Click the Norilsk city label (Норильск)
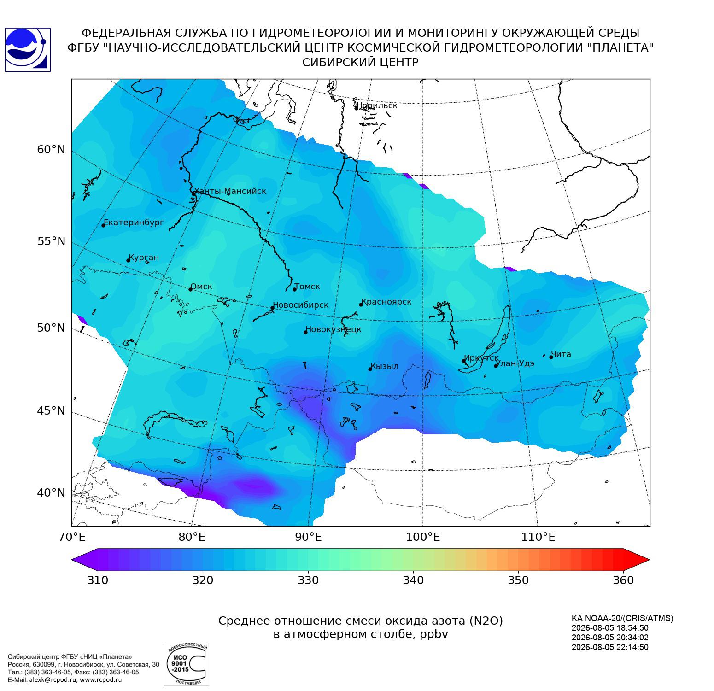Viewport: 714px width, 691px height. (377, 105)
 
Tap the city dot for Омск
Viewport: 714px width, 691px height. (190, 289)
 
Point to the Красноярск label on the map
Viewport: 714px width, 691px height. (386, 302)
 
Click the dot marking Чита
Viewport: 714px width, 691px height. (551, 357)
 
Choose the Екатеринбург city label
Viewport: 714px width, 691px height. (134, 223)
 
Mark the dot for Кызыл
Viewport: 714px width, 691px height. (370, 369)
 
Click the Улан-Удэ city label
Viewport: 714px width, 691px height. (515, 363)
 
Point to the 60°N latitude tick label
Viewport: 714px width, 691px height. (51, 150)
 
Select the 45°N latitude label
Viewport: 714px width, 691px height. (51, 410)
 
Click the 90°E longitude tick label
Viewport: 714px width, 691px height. (308, 537)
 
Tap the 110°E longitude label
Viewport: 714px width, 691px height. (538, 537)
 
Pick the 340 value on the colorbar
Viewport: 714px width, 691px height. (413, 580)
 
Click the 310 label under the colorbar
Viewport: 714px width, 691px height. (98, 580)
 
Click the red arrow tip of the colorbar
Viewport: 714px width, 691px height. (649, 560)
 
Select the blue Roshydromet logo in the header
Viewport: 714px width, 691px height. (27, 50)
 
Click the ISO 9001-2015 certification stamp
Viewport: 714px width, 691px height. (186, 664)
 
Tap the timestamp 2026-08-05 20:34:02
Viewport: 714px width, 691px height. (610, 638)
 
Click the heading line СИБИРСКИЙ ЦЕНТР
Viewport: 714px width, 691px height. (360, 63)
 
